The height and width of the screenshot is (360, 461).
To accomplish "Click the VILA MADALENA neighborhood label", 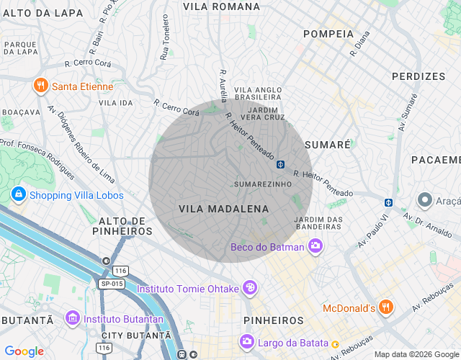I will point(223,209).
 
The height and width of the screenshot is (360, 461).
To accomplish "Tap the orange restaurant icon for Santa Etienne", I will point(40,86).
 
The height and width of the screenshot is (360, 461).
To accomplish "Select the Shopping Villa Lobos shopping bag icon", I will point(18,194).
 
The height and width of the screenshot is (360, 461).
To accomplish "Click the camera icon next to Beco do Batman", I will point(315,247).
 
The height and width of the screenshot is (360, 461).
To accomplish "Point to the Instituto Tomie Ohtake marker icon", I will point(250,288).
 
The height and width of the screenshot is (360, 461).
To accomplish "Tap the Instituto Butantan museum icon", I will point(72,317).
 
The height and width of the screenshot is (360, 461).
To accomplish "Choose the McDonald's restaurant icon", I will point(386,307).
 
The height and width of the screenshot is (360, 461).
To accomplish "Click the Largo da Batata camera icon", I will point(247,341).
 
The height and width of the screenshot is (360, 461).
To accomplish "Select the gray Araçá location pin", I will point(424,200).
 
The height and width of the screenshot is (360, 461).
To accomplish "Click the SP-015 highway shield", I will point(112,284).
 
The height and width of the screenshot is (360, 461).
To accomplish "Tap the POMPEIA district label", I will point(328,34).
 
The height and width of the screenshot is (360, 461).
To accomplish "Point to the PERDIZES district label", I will point(419,76).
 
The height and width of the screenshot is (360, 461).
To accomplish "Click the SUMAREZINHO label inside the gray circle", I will point(263,184).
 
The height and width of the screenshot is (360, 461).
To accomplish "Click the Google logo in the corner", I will point(24,351).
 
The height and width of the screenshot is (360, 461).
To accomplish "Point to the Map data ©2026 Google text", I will point(415,354).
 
